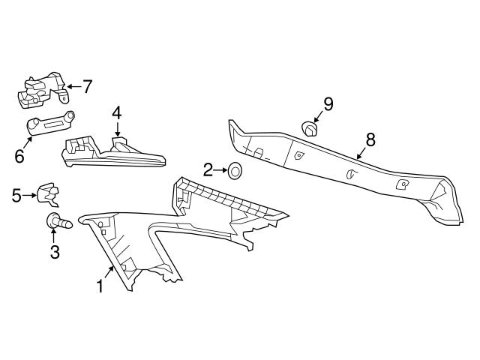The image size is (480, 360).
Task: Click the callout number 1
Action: click(x=99, y=285)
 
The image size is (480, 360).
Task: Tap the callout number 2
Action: click(x=208, y=169)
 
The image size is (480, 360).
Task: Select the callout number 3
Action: click(x=55, y=252)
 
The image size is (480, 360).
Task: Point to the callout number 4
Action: click(x=116, y=113)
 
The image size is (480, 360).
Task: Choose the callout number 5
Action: click(x=16, y=196)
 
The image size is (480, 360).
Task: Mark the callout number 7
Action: click(x=87, y=87)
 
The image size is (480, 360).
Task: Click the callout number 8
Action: click(x=370, y=139)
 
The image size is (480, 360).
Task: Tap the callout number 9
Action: click(x=328, y=102)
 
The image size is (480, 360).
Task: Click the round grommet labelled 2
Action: click(x=234, y=172)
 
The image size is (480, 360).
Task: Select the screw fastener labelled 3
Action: click(x=57, y=220)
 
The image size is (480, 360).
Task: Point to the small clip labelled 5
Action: click(x=49, y=194)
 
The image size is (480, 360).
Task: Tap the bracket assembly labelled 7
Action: click(x=41, y=91)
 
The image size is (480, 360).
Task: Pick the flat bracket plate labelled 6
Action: click(x=51, y=124)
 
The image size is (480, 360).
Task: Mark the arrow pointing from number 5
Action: click(x=31, y=196)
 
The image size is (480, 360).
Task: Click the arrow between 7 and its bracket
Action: click(x=73, y=87)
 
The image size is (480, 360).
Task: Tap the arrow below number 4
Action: click(x=116, y=130)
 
